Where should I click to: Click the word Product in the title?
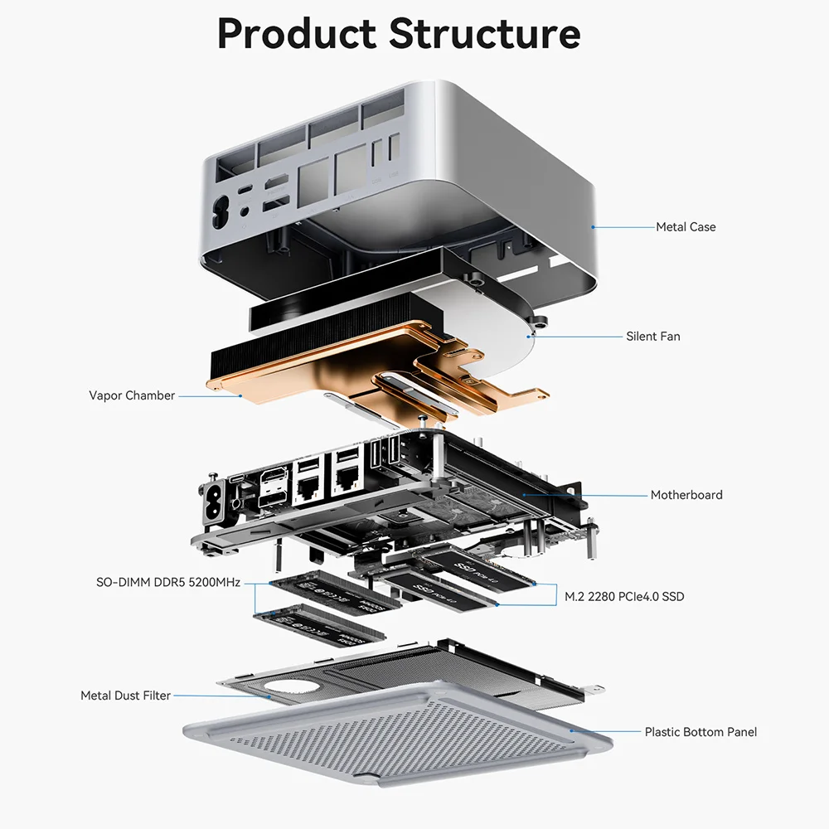pyautogui.click(x=297, y=34)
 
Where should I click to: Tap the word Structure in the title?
pyautogui.click(x=484, y=34)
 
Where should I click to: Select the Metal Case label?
pyautogui.click(x=686, y=226)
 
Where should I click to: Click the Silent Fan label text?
pyautogui.click(x=653, y=337)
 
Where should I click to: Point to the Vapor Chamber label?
pyautogui.click(x=132, y=395)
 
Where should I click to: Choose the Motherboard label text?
pyautogui.click(x=686, y=495)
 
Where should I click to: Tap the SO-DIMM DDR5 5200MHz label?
pyautogui.click(x=168, y=583)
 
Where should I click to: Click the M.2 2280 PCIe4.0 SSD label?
pyautogui.click(x=624, y=596)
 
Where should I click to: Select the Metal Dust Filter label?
pyautogui.click(x=125, y=696)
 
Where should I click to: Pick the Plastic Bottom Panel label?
pyautogui.click(x=701, y=732)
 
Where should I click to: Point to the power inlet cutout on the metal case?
pyautogui.click(x=222, y=212)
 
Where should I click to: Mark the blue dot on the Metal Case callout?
pyautogui.click(x=593, y=226)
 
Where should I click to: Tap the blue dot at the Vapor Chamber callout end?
pyautogui.click(x=240, y=395)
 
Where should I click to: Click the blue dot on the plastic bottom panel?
pyautogui.click(x=571, y=731)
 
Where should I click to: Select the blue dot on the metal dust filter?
pyautogui.click(x=270, y=696)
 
